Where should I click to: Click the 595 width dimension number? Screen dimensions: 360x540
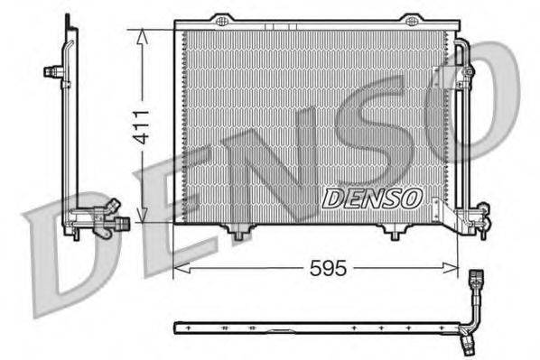tap(329, 268)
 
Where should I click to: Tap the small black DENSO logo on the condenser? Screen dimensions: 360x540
tap(369, 196)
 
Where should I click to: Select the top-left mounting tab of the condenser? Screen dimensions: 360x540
tap(221, 20)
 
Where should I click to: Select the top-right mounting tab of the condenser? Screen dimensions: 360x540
tap(411, 20)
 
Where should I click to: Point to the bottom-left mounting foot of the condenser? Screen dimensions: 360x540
tap(237, 234)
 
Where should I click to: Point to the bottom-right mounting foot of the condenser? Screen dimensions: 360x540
tap(394, 234)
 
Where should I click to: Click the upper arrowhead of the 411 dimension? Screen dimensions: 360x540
tap(141, 34)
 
